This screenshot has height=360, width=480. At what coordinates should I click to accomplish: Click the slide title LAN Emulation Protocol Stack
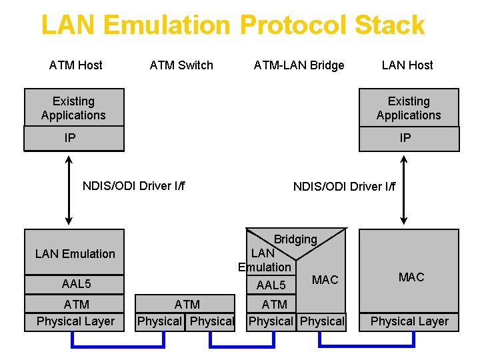pos(233,25)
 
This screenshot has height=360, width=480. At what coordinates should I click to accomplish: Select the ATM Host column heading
pos(75,65)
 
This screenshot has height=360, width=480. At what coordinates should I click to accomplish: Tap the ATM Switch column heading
pos(181,65)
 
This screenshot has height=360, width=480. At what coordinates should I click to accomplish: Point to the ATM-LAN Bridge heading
pos(299,65)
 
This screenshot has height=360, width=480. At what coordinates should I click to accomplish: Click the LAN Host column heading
pos(407,65)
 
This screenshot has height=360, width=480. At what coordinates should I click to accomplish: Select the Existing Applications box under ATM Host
pos(74,108)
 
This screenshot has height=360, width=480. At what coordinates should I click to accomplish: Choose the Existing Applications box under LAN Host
pos(409,108)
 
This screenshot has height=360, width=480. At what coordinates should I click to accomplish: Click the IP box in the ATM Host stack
pos(74,139)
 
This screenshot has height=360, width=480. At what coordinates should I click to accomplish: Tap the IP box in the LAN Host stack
pos(409,139)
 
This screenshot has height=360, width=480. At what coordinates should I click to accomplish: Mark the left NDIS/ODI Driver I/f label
pos(133,185)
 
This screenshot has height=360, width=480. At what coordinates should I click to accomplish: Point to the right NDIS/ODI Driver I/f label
pos(344,186)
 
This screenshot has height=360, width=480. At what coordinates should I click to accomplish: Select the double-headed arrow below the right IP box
pos(403,189)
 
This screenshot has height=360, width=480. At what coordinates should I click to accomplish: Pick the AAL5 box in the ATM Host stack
pos(75,284)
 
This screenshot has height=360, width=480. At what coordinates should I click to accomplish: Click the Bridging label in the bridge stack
pos(295,239)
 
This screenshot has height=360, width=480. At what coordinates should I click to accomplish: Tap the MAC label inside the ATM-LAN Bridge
pos(325,280)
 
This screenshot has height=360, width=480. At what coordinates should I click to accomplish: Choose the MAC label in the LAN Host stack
pos(411,277)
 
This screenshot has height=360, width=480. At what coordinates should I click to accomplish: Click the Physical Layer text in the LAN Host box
pos(409,321)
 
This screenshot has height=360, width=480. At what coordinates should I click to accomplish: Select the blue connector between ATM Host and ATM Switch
pos(118,346)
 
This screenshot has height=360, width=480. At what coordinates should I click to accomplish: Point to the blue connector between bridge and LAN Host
pos(367,346)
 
